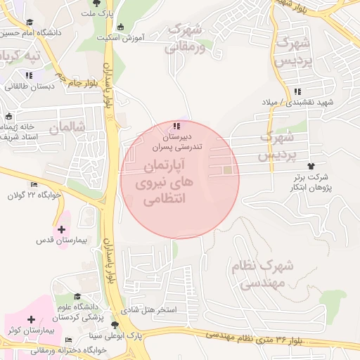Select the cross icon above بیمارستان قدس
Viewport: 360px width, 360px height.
[61, 229]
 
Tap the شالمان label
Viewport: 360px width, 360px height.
[67, 127]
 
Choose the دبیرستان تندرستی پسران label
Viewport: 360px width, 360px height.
[177, 143]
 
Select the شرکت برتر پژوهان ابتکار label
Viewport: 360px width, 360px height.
[311, 184]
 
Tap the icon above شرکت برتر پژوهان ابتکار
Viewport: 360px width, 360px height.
[311, 166]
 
